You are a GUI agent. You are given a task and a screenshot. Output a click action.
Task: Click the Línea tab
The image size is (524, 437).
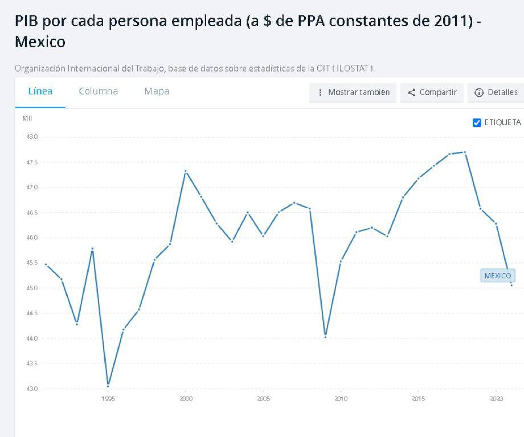pos(40,92)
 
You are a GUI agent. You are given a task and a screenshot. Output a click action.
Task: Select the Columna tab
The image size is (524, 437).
pos(98,92)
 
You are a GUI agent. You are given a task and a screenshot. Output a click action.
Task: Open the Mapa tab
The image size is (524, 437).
pos(157,92)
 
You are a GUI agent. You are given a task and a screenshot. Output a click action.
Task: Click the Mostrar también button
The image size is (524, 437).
pos(353,93)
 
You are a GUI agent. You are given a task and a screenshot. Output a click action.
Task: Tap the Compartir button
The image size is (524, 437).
pos(433,93)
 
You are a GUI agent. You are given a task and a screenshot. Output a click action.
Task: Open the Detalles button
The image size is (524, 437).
pos(496,93)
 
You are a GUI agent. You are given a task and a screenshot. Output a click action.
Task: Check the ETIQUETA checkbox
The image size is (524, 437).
pos(477,123)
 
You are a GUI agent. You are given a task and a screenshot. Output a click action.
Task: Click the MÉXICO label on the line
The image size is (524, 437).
pos(497,276)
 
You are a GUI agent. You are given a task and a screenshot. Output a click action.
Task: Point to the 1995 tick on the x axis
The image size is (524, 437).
pos(108,399)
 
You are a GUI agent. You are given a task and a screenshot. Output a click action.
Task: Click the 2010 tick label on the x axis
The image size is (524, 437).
pos(341,399)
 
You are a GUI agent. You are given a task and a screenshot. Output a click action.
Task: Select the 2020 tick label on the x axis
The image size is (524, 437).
pos(496,399)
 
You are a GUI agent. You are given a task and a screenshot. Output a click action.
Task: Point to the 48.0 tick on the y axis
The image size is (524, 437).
pos(32,137)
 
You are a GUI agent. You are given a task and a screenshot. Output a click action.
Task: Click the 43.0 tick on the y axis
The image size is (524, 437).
pos(32,389)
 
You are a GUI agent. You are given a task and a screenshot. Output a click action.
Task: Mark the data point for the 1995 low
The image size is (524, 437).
pos(108,385)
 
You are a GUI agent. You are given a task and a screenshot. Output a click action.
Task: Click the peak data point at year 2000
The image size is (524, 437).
pos(186,171)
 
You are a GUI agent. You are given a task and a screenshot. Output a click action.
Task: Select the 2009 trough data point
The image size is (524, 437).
pos(325,336)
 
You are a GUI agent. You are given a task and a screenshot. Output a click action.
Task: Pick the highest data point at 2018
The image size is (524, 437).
pos(465,152)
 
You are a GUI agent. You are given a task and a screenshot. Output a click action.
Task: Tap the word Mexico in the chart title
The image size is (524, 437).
pos(40,42)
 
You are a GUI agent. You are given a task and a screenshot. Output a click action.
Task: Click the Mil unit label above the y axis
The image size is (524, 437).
pos(27,118)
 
